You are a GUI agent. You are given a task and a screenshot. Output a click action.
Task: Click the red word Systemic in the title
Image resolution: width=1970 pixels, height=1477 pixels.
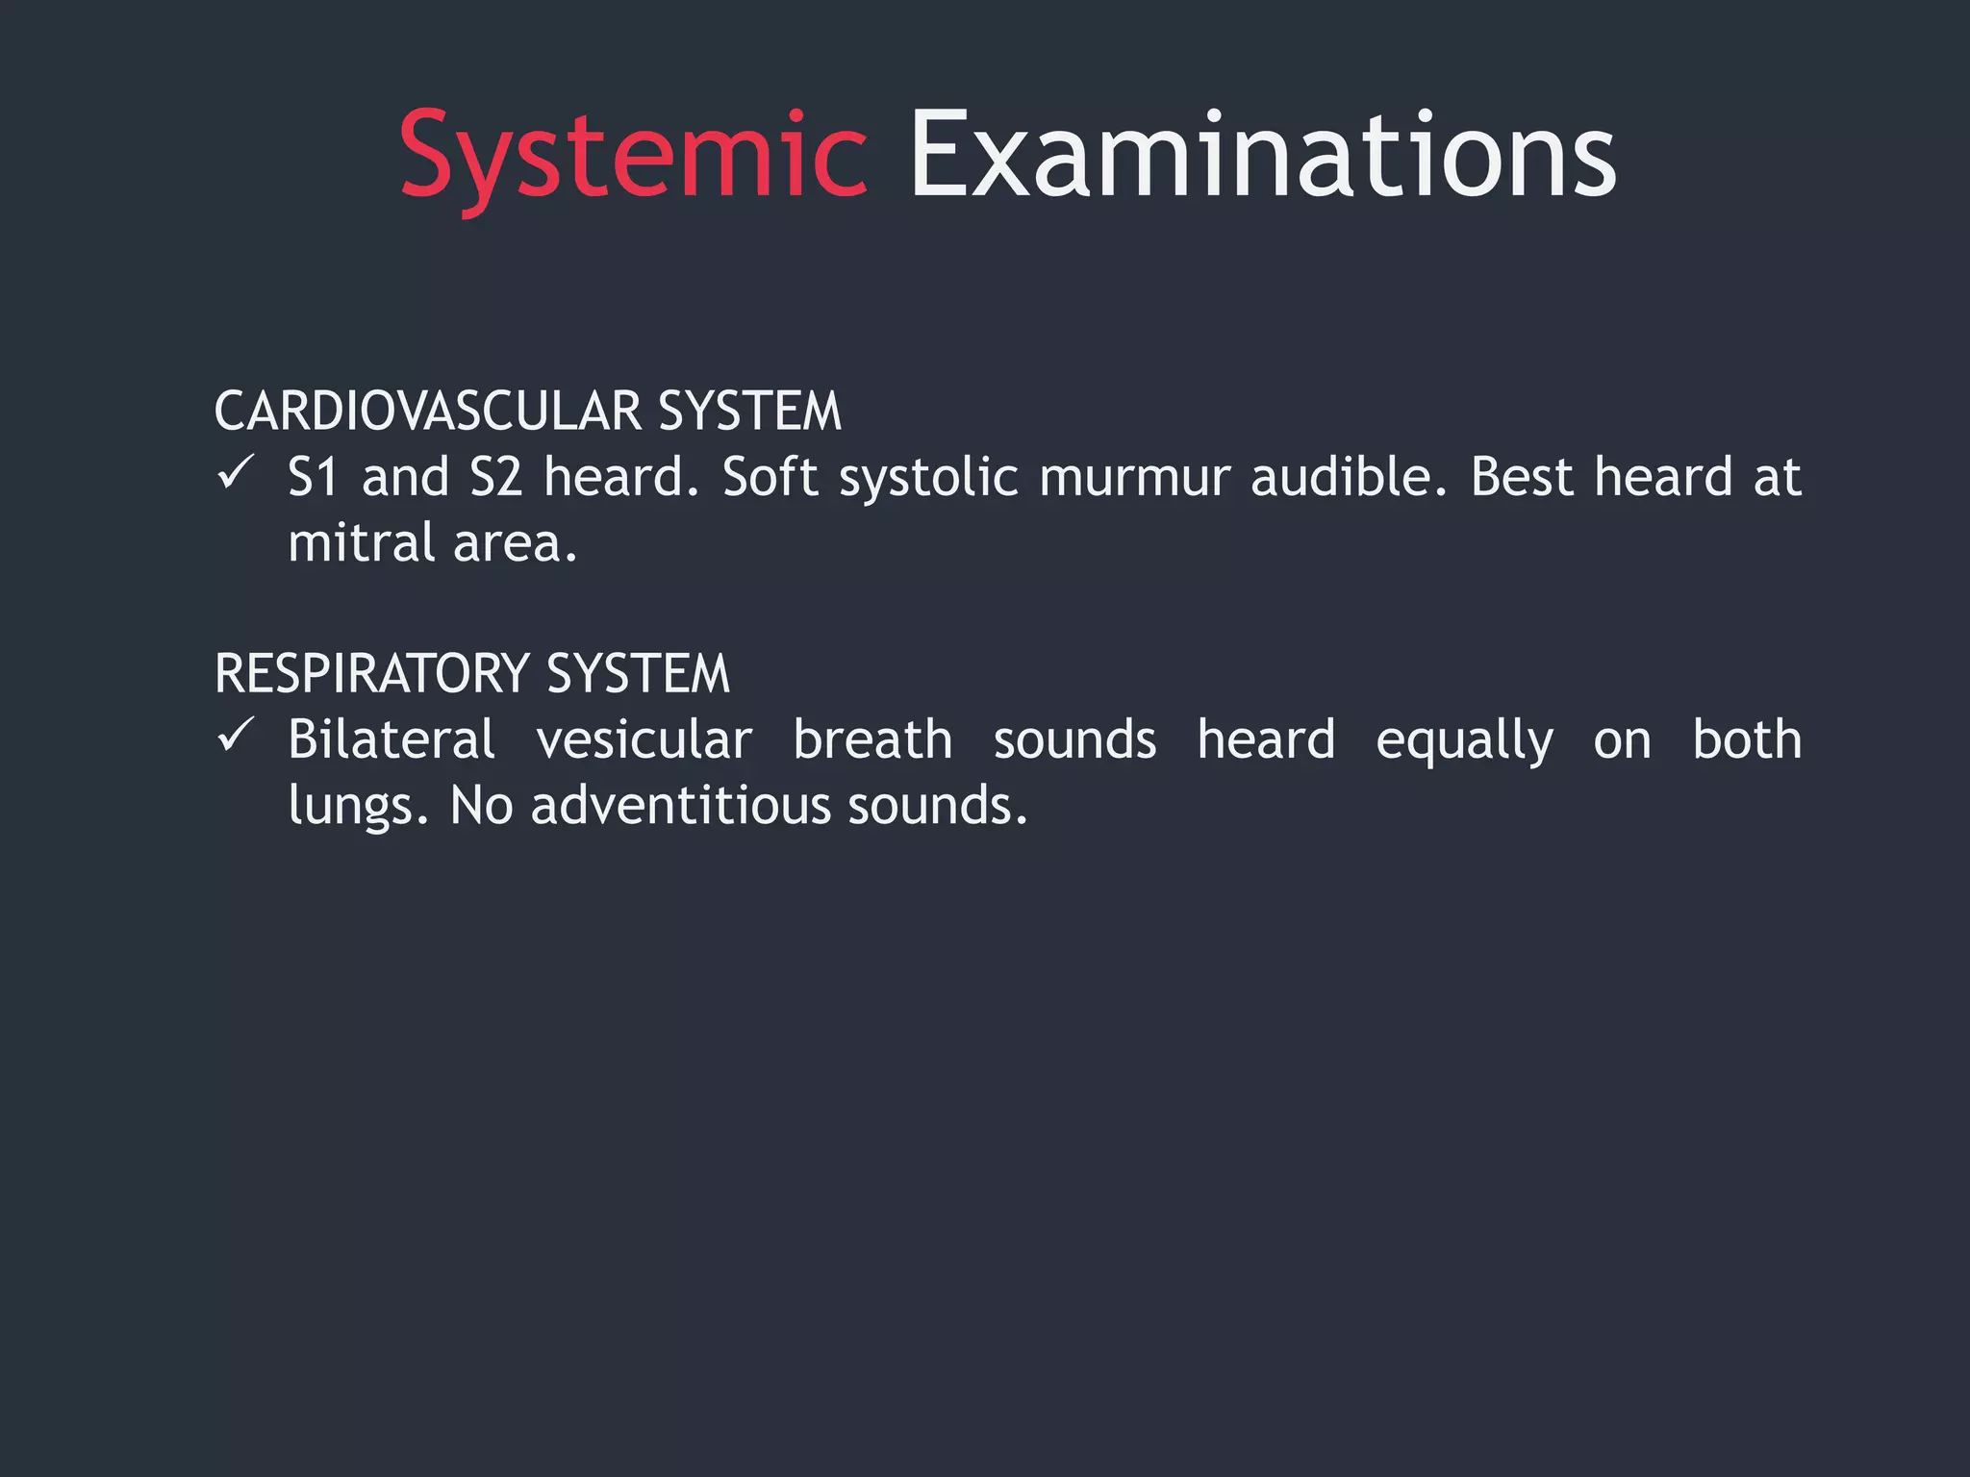633,156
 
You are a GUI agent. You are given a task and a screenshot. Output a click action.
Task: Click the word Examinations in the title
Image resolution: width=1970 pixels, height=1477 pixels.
1262,156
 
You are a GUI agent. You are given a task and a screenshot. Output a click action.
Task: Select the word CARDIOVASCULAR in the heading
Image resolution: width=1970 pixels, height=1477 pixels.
428,412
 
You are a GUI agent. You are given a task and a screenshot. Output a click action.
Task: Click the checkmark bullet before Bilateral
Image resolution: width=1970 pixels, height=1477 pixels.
235,736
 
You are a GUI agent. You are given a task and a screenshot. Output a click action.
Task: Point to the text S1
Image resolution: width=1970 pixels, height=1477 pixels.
314,477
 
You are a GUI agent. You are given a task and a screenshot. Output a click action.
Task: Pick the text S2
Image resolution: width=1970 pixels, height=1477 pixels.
495,477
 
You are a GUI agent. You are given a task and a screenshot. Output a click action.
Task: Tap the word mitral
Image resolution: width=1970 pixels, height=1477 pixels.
362,542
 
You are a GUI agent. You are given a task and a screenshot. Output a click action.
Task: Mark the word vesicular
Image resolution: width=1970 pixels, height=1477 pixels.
644,740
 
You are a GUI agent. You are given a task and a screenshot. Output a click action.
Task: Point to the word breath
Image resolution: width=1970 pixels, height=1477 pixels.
872,739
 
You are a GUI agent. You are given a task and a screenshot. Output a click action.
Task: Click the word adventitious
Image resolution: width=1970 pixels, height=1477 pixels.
680,806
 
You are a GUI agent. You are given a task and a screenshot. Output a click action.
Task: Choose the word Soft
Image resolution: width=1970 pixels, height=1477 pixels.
770,477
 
